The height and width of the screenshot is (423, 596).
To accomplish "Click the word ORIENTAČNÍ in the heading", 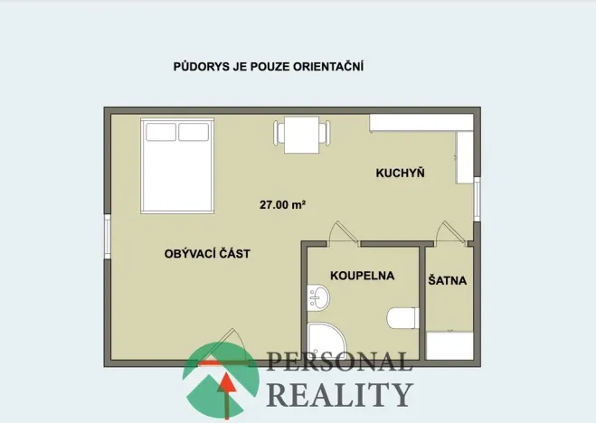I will [x=329, y=66].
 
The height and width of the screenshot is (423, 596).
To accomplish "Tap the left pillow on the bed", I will [x=161, y=132].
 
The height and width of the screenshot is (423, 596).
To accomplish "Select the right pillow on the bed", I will [x=193, y=132].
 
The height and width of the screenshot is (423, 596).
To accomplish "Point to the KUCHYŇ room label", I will [x=401, y=172].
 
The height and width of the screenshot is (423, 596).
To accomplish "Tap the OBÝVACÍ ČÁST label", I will [x=207, y=254].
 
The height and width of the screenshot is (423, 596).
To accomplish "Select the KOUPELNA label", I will [x=363, y=275].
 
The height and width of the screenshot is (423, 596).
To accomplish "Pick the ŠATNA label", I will [x=448, y=280].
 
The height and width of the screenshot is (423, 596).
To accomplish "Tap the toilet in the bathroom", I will [x=401, y=318].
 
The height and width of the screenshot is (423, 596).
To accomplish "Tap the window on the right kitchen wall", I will [x=476, y=199].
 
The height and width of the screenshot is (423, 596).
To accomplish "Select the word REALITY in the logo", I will [x=339, y=395].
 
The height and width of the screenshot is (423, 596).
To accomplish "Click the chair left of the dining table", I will [x=279, y=133].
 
